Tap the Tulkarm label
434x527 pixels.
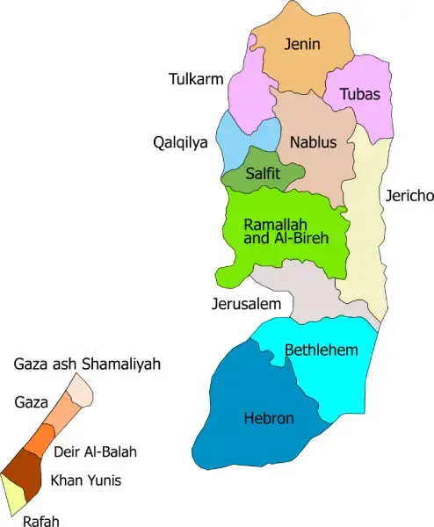[195, 80]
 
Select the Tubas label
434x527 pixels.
[359, 94]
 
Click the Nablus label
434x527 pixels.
[313, 141]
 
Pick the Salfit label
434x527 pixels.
[264, 174]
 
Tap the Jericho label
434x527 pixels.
[409, 196]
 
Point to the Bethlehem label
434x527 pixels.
[322, 350]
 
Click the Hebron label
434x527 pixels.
[269, 418]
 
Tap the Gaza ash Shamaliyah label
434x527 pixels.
[88, 364]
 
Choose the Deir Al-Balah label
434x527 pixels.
[96, 451]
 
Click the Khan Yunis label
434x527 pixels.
[85, 480]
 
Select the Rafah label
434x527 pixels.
[41, 520]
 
